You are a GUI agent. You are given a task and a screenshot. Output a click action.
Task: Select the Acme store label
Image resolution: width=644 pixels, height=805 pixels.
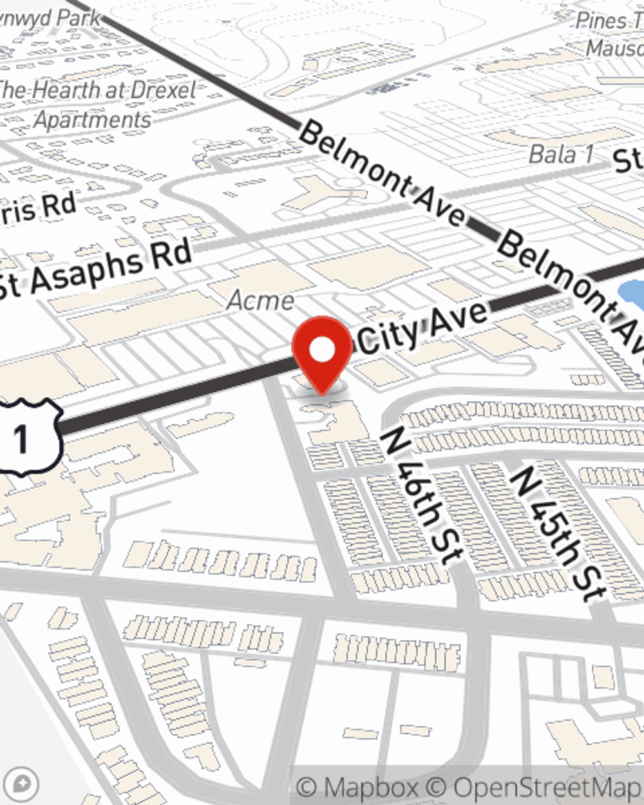(x=261, y=300)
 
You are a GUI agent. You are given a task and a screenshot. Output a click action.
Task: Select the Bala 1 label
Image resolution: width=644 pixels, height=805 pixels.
(x=561, y=155)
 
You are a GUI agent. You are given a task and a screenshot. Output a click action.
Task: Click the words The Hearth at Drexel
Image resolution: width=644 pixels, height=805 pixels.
(x=97, y=90)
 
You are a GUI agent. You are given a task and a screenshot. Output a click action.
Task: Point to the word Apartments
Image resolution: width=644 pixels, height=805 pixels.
(x=93, y=120)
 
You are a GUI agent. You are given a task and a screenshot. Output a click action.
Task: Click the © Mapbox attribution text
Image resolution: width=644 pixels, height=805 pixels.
(x=357, y=788)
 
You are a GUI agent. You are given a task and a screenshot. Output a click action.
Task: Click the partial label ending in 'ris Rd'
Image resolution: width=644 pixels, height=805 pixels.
(x=39, y=208)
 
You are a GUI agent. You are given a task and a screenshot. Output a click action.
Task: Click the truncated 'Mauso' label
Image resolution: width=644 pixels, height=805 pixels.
(x=615, y=48)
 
